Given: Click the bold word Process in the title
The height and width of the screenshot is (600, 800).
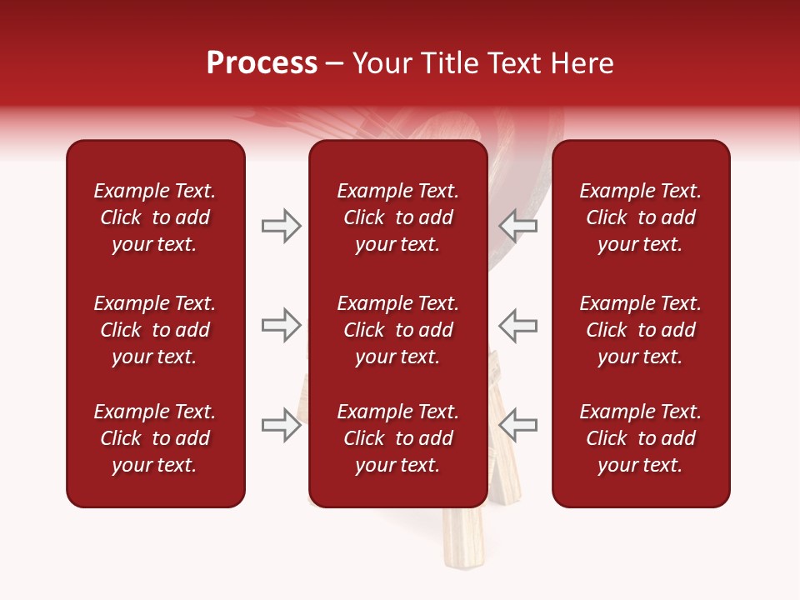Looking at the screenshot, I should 262,63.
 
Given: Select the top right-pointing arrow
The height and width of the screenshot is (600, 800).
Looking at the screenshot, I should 281,226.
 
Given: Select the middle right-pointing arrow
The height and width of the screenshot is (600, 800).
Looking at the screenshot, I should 281,325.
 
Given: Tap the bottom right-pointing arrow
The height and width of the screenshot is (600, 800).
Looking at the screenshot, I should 281,425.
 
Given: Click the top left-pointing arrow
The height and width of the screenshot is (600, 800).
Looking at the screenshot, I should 517,226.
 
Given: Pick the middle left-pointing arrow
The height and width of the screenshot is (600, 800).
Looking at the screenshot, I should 517,325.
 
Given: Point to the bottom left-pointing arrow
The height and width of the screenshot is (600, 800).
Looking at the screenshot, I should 517,425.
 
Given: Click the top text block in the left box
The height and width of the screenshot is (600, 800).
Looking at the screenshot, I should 155,217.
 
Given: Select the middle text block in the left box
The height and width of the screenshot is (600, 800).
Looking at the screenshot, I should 155,330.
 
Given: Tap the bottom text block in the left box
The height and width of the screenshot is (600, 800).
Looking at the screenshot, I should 155,438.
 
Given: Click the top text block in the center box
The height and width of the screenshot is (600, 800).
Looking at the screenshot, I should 397,217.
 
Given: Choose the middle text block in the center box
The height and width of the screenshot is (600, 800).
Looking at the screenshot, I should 397,330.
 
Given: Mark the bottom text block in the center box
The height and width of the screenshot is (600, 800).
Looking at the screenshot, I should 397,438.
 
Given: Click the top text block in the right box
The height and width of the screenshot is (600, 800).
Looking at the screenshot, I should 640,217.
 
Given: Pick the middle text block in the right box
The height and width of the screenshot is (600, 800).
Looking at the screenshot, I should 640,330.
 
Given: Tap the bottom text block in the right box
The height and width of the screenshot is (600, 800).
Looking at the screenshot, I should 640,438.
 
